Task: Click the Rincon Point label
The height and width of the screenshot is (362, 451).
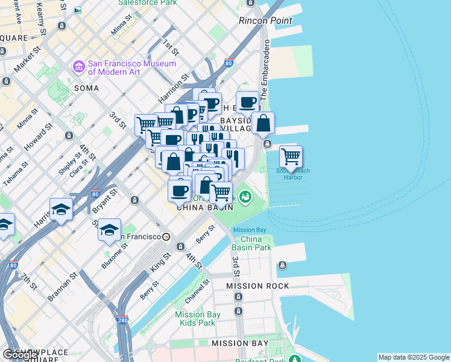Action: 265,21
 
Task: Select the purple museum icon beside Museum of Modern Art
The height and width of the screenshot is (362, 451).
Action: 78,66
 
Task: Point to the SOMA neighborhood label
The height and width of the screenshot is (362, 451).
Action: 86,87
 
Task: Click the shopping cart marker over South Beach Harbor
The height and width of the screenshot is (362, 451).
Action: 291,157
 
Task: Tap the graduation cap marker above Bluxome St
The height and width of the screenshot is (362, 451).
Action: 109,230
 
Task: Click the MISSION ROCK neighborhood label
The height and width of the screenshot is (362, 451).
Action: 257,285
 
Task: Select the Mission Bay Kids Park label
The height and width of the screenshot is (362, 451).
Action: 195,319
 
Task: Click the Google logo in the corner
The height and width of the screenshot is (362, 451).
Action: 20,355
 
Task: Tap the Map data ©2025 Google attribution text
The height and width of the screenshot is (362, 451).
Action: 414,357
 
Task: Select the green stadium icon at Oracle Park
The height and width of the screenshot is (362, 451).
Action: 245,197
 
